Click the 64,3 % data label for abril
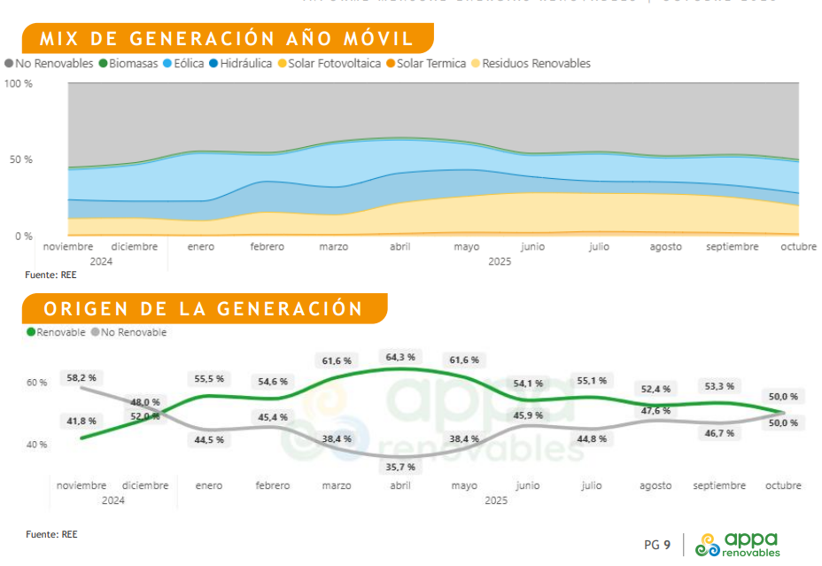pos(399,357)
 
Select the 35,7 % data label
pos(399,467)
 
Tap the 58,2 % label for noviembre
pos(81,377)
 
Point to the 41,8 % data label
pos(81,421)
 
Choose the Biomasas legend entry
pos(129,64)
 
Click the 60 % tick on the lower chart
pos(36,383)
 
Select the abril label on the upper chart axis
pos(399,247)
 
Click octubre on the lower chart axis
pos(783,485)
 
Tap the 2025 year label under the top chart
pos(500,262)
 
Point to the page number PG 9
pos(656,544)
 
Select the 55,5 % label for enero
pos(209,379)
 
